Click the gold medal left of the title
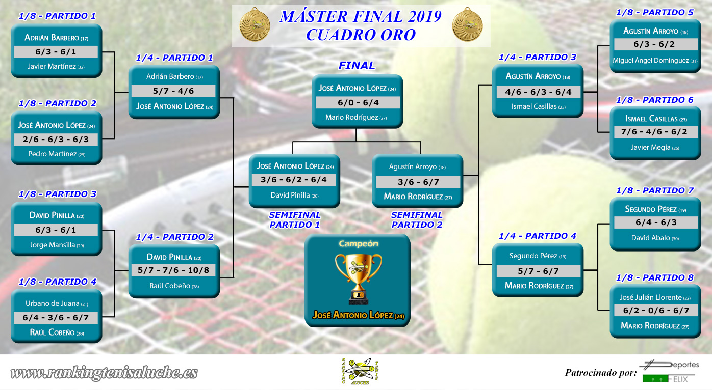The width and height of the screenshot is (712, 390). [255, 24]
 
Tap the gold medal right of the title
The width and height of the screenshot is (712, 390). [467, 24]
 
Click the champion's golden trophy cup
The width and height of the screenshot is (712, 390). [359, 279]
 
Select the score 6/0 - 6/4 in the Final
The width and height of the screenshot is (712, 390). [358, 103]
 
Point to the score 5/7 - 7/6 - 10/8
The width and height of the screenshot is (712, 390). [173, 270]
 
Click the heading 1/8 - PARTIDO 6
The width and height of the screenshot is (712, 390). [654, 100]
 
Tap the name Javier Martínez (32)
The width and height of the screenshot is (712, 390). [56, 66]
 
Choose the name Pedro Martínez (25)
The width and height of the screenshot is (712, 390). [57, 154]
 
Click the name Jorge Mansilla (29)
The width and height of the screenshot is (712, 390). [57, 245]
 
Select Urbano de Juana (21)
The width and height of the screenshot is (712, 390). [57, 303]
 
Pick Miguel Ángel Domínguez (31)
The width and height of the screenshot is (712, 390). [655, 60]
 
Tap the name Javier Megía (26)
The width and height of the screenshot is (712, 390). [655, 147]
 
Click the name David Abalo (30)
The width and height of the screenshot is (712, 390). [655, 238]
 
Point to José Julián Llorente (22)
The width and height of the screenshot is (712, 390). [655, 297]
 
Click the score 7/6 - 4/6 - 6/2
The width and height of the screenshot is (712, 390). [654, 132]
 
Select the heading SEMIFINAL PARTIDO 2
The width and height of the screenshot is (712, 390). [417, 220]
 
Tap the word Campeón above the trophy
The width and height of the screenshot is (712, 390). [359, 244]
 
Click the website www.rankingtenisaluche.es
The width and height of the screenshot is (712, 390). [104, 373]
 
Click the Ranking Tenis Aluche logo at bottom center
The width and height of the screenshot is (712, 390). [360, 371]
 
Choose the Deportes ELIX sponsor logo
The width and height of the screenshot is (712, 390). [671, 372]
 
